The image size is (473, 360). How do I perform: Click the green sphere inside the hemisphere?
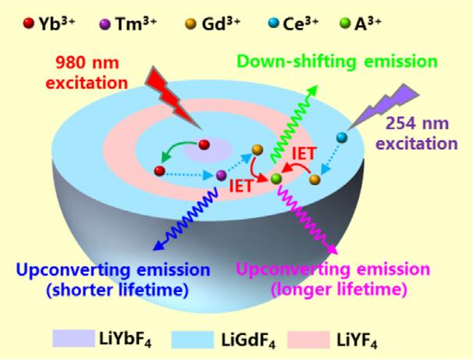(x=275, y=179)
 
